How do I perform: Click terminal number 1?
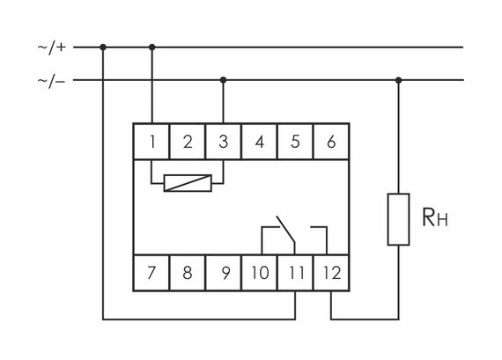point(151,141)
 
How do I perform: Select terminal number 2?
point(188,141)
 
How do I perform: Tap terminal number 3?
point(223,141)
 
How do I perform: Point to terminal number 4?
point(259,141)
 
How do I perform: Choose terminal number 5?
point(295,141)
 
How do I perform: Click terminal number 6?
point(331,141)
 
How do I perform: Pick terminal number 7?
point(151,272)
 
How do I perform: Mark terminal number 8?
point(188,272)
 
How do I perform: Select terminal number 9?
point(224,272)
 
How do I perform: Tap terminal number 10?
point(259,272)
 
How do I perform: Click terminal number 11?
point(295,272)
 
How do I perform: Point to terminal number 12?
point(331,272)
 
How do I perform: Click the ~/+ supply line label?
point(50,47)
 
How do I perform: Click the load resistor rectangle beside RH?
point(399,218)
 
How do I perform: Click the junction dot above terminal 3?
point(223,80)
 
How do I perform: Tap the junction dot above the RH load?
point(399,80)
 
